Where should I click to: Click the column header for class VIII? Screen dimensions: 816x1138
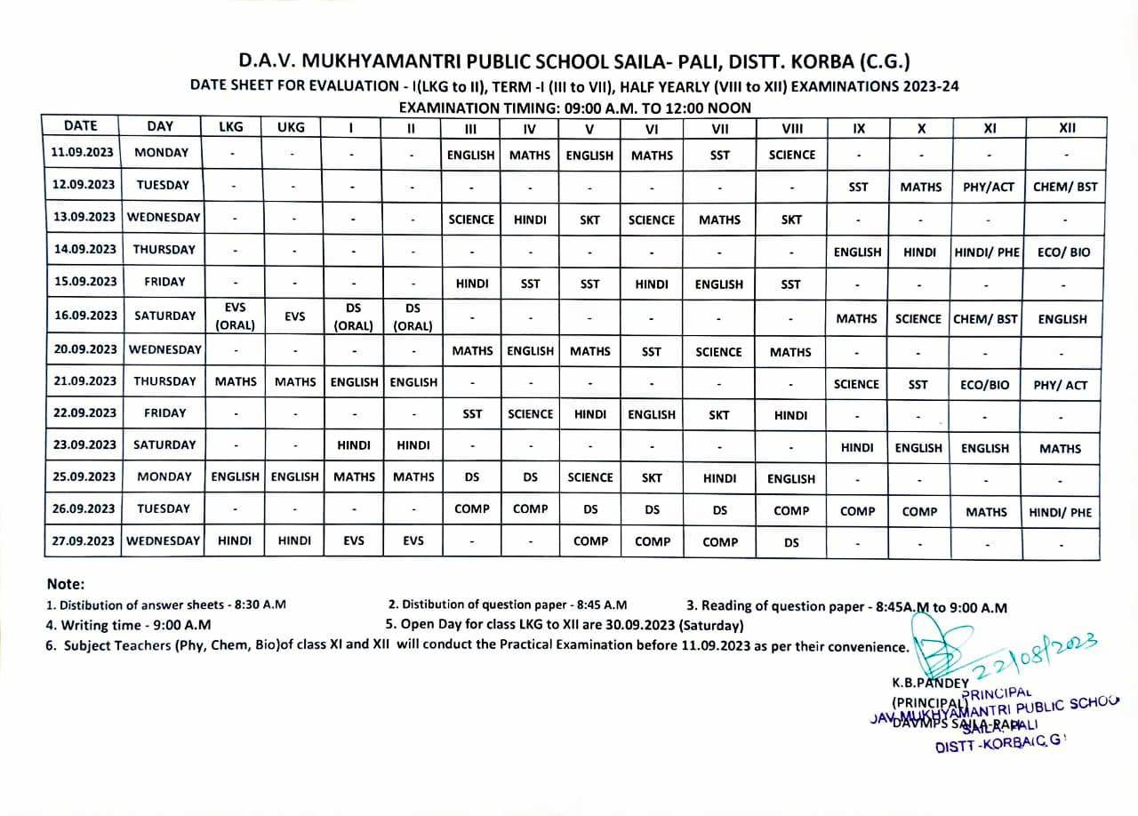[x=791, y=127]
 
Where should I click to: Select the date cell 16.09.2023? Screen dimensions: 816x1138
[x=84, y=316]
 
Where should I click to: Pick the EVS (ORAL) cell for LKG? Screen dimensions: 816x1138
[x=235, y=316]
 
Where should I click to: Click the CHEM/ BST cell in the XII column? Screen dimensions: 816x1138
[x=1065, y=187]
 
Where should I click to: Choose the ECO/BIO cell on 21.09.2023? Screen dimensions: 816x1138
[x=985, y=385]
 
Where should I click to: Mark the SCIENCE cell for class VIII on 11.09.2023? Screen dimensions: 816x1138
[x=791, y=155]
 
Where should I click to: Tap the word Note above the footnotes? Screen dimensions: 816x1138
[x=64, y=584]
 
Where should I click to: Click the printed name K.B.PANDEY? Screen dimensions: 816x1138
[x=930, y=684]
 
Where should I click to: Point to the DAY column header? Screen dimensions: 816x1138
[x=160, y=126]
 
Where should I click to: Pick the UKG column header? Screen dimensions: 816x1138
[x=291, y=127]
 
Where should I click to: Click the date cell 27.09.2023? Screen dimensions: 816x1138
[x=84, y=540]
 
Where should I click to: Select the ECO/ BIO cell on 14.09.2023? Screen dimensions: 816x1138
[x=1062, y=252]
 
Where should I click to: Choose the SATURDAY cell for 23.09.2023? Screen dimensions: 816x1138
[x=164, y=444]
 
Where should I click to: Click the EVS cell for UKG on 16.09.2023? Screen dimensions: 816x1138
[x=294, y=316]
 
